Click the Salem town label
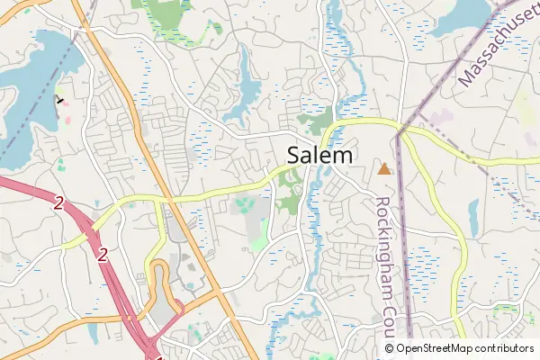320,155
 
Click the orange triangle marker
385,168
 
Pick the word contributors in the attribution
504,348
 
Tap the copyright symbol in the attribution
389,348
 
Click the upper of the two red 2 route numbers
58,204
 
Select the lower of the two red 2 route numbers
102,255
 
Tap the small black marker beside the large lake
60,100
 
